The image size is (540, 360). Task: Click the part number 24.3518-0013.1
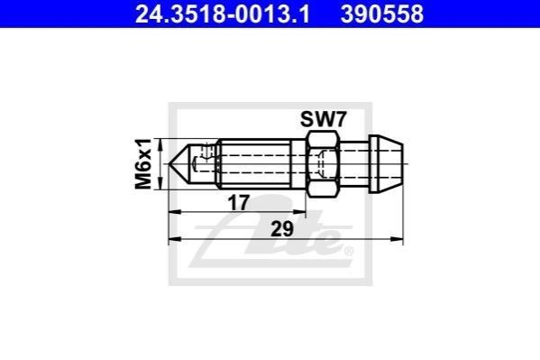223,14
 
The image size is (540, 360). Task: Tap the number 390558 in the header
382,14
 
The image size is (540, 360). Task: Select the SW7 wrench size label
323,120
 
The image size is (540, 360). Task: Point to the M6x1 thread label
143,164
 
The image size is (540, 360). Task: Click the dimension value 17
238,203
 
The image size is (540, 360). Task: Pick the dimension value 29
282,229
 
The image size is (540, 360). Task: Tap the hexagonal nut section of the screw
323,164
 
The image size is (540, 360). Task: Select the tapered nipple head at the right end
386,164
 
